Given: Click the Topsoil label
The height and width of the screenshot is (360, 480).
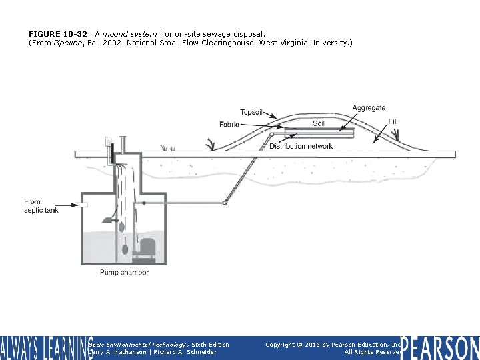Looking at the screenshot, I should pos(251,112).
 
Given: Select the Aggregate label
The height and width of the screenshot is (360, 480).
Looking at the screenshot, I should pos(369,108).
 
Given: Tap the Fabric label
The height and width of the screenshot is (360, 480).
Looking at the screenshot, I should pos(229,125).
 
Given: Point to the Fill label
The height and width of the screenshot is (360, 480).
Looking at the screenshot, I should pos(393,121).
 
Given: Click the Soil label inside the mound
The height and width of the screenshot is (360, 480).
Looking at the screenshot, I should pos(319,123).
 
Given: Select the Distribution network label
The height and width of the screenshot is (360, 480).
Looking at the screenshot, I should pos(301,146).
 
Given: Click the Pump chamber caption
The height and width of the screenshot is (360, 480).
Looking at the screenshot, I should pos(124,272).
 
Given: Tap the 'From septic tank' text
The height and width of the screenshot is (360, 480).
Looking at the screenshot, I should pos(41,206).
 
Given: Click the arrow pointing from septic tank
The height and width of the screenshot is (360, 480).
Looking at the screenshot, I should pos(69,205).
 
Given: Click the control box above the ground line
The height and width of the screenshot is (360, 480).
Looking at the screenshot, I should pos(108,143).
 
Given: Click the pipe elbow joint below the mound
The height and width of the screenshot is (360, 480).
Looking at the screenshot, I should pos(226,202).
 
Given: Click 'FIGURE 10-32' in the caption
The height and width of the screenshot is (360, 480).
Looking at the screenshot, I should pos(58,33).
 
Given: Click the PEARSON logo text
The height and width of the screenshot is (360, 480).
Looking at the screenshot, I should pos(440,348).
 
